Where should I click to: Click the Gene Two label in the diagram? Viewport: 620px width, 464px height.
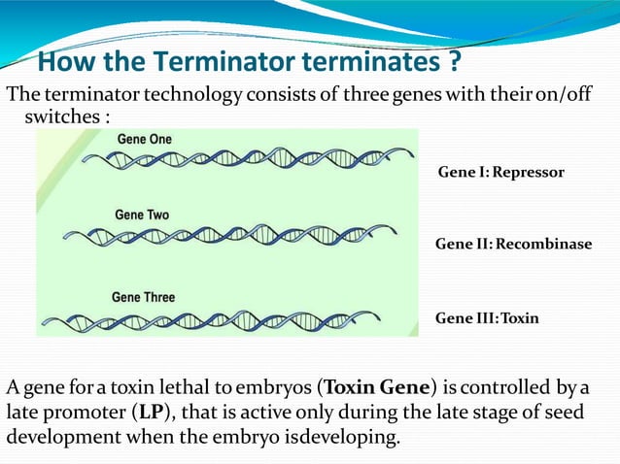[142, 215]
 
